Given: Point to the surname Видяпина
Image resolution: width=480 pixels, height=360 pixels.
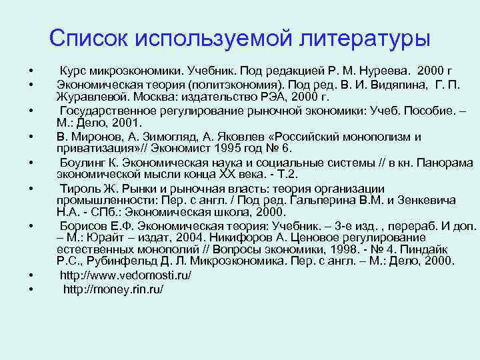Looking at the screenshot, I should [x=384, y=85].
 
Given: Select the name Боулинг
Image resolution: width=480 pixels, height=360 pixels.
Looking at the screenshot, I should [x=83, y=163].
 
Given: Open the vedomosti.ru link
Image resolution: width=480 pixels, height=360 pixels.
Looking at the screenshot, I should [x=125, y=275].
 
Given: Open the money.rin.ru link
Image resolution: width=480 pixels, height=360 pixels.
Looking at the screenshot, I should [x=113, y=290].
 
